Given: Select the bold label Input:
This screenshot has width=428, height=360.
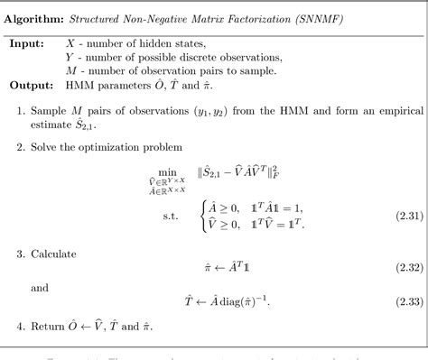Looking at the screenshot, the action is (x=31, y=43).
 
